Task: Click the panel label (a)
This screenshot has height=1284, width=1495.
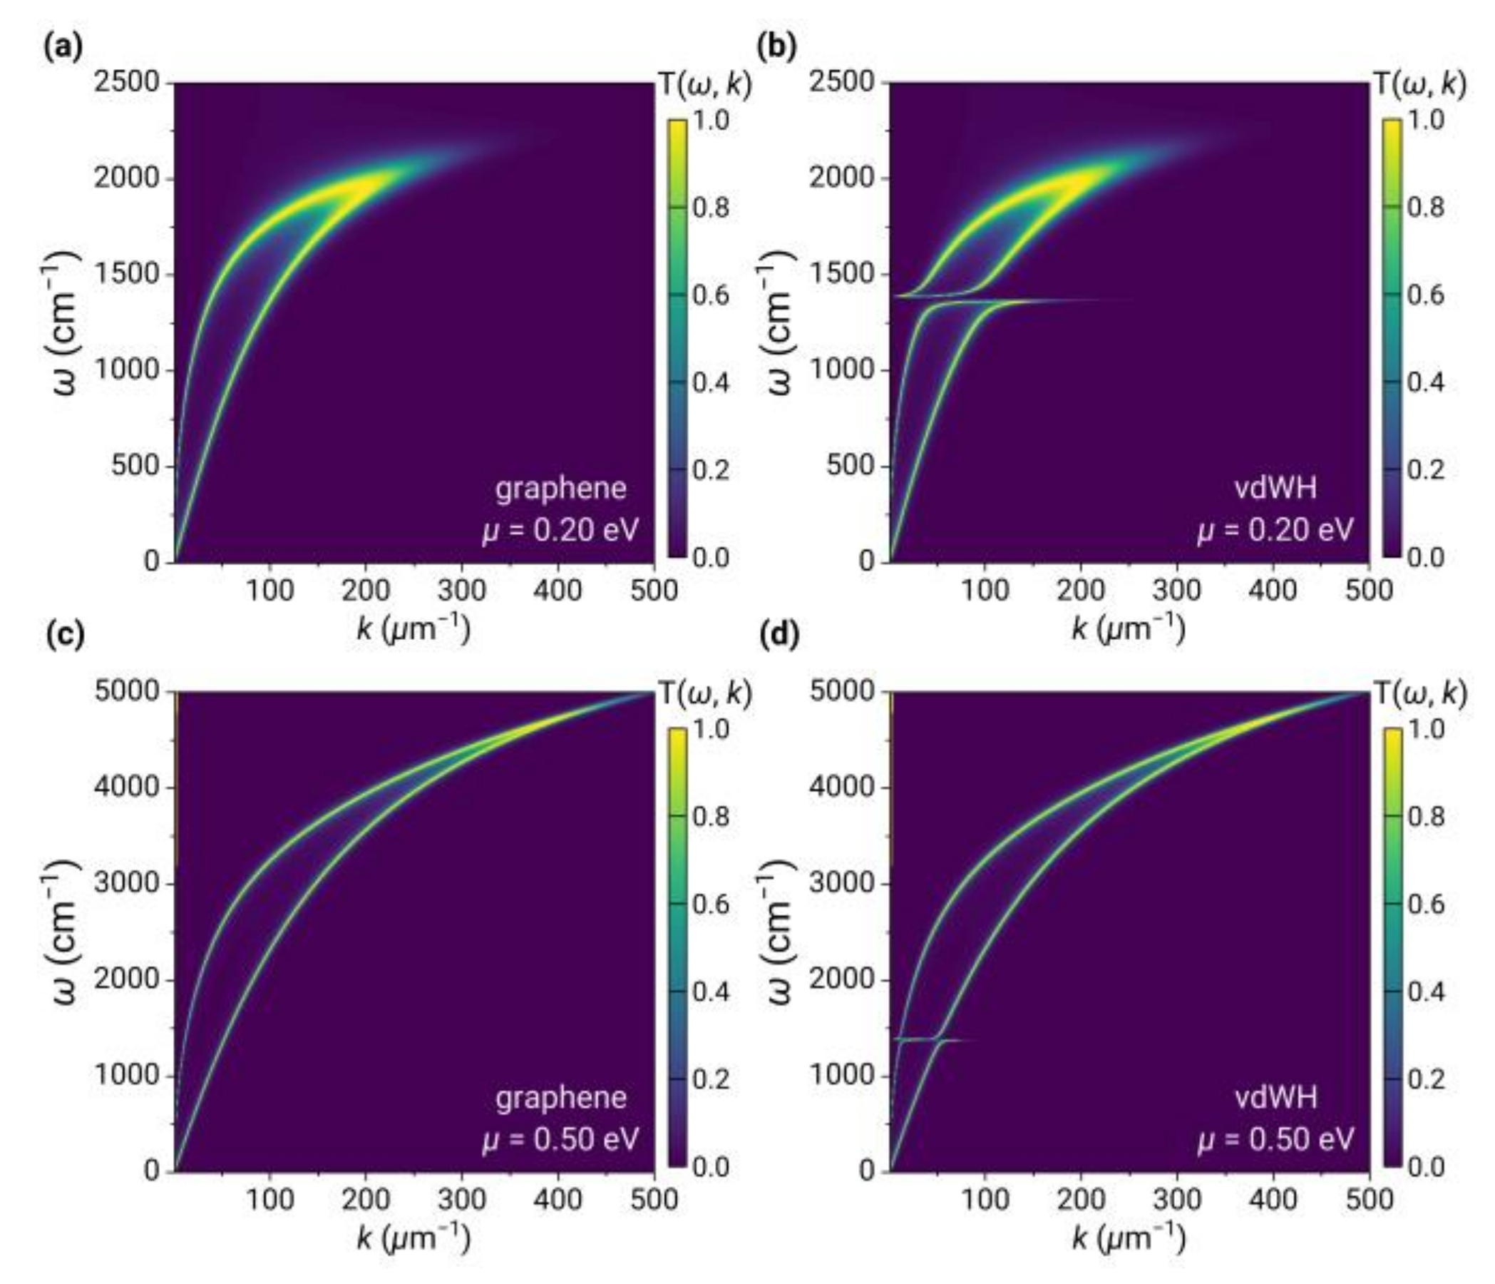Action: tap(63, 48)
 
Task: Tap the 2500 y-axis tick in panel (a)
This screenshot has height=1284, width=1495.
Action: tap(127, 82)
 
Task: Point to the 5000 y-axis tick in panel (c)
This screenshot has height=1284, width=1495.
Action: tap(127, 691)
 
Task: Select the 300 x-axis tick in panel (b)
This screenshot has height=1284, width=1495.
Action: tap(1177, 590)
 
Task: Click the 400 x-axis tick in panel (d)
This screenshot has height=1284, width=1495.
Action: tap(1273, 1199)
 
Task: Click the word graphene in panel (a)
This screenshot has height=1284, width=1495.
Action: tap(560, 489)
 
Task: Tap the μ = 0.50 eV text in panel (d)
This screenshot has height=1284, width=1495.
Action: tap(1275, 1140)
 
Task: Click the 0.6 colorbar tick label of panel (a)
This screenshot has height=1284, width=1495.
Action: tap(711, 295)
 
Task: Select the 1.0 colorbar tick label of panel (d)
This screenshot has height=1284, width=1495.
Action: tap(1426, 730)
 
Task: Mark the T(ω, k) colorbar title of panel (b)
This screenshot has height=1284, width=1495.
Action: tap(1419, 85)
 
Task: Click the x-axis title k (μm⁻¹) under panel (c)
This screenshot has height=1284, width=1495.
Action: tap(413, 1238)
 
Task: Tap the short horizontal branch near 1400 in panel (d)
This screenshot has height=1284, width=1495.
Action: tap(938, 1039)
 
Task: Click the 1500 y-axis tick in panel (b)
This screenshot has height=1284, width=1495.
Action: tap(842, 274)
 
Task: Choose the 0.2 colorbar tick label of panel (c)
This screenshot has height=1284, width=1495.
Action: tap(711, 1080)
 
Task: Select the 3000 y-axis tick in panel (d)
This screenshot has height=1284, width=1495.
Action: tap(842, 883)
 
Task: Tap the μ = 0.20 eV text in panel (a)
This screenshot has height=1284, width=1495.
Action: tap(560, 531)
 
